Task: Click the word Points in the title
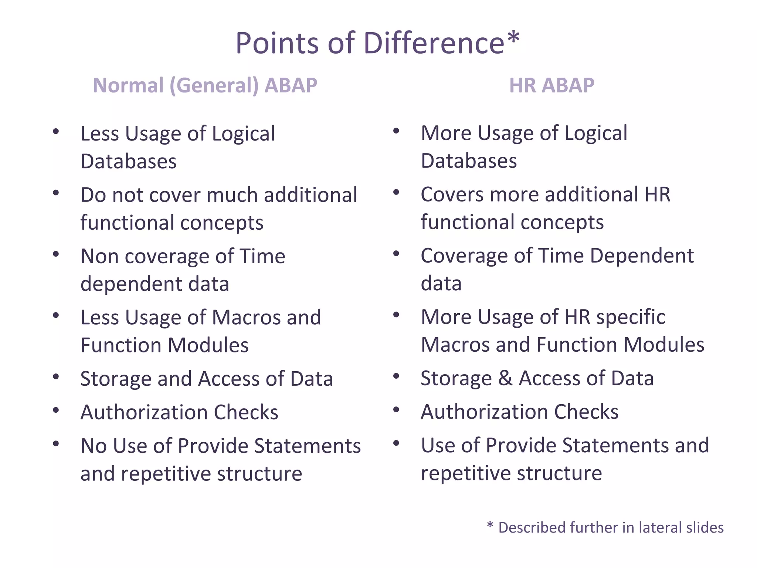[277, 43]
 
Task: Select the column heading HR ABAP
[551, 85]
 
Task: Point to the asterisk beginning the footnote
[490, 525]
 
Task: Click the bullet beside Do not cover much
[56, 193]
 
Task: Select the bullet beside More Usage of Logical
[396, 131]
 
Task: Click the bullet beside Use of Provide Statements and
[396, 443]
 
